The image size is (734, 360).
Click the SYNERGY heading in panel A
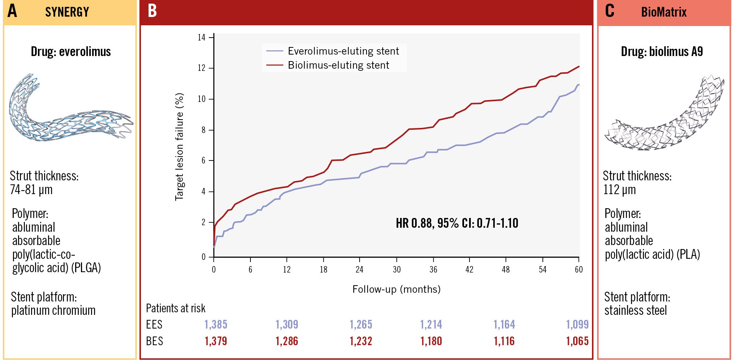click(67, 12)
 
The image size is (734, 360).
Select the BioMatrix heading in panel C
click(664, 12)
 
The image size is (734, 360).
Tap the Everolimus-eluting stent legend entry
click(343, 51)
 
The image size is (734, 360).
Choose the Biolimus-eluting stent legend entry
click(338, 65)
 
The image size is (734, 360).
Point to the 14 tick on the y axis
click(202, 38)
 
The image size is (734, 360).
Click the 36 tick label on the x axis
click(433, 269)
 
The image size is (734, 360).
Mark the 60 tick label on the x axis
click(579, 269)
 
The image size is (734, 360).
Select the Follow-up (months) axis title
click(396, 289)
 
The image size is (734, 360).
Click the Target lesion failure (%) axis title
click(180, 147)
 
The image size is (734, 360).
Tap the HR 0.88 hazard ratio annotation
click(457, 223)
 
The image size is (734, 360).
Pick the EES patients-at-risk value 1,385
click(216, 324)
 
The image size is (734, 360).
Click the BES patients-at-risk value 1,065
click(577, 341)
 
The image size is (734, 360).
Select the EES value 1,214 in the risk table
click(431, 324)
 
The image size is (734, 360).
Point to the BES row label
click(154, 341)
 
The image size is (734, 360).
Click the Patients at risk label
click(176, 308)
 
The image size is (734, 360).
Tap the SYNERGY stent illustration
click(69, 110)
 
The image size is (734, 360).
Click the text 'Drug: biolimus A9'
click(662, 52)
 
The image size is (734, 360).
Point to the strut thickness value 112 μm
click(619, 189)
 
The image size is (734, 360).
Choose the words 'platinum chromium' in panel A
click(53, 310)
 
